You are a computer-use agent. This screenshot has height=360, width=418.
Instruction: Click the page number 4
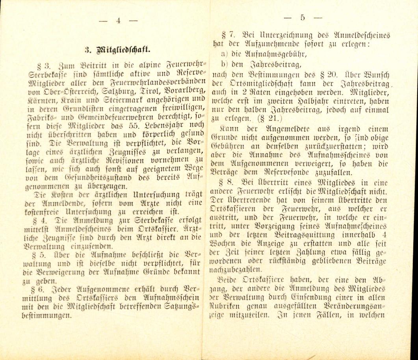tap(119, 21)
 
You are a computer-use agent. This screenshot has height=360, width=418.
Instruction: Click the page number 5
tap(303, 17)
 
